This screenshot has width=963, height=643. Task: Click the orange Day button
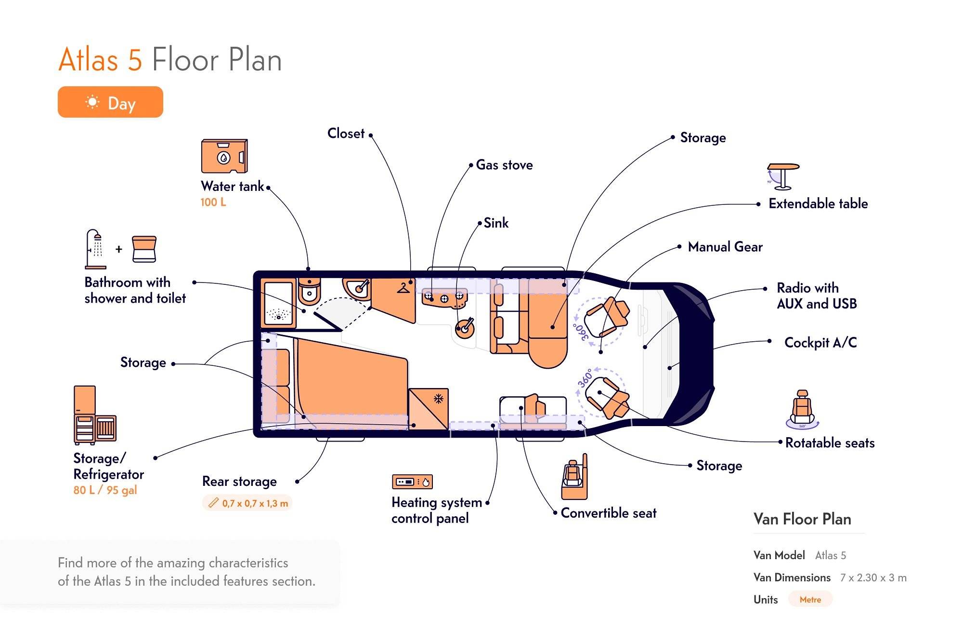(x=110, y=102)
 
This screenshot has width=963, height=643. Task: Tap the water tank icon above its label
(x=224, y=156)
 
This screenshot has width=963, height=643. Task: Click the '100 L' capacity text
(x=213, y=202)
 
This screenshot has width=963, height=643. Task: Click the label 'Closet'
(x=346, y=134)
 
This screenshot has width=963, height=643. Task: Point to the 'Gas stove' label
(x=504, y=165)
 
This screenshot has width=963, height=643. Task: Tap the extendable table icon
(x=783, y=176)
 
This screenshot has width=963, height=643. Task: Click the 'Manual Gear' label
(x=725, y=247)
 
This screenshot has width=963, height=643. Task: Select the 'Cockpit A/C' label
(x=820, y=343)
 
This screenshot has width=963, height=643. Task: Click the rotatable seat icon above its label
(x=802, y=409)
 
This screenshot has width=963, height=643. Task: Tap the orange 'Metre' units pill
(x=810, y=600)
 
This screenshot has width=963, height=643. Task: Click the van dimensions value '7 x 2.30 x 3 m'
(x=873, y=577)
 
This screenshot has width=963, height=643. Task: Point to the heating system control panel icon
(x=412, y=482)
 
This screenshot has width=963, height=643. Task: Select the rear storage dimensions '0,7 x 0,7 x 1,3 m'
(x=255, y=504)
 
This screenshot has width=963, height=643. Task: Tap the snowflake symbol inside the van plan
(x=438, y=399)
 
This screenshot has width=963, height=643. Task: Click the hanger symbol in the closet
(x=403, y=289)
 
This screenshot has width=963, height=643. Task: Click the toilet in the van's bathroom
(x=309, y=291)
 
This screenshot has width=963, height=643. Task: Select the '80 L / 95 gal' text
(x=105, y=490)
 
